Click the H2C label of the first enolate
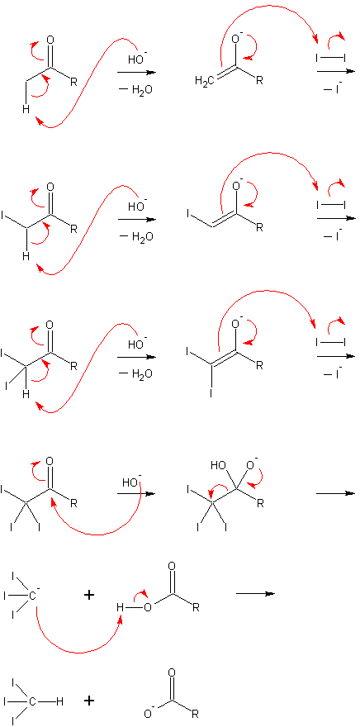(205, 83)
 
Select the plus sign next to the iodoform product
(89, 701)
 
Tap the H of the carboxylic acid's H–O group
(121, 607)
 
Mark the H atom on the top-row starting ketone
(27, 109)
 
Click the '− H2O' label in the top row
(136, 89)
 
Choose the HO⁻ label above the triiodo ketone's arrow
(131, 482)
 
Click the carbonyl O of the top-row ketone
(50, 40)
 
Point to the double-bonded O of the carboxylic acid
(173, 567)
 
